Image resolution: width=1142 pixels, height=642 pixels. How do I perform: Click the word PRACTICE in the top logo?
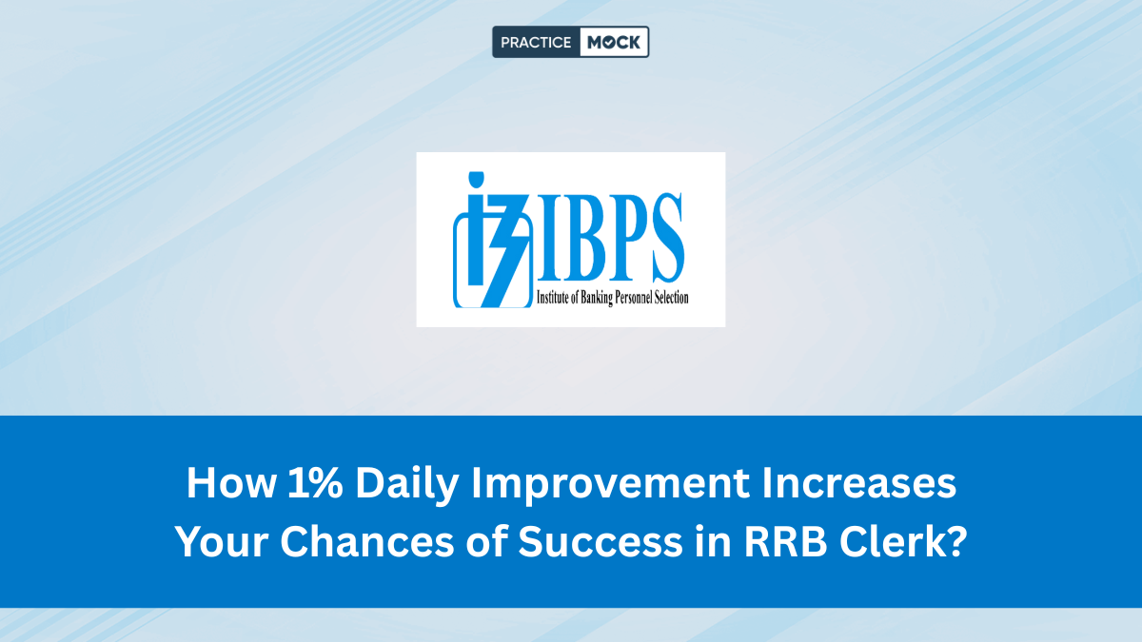click(x=536, y=42)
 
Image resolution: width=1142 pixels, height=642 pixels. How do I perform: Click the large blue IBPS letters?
click(x=599, y=233)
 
